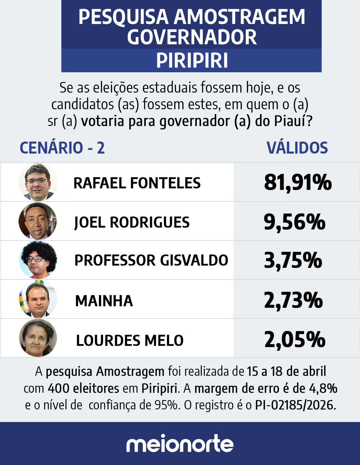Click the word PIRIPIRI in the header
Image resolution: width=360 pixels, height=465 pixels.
[192, 61]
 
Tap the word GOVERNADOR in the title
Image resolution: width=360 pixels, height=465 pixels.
[192, 37]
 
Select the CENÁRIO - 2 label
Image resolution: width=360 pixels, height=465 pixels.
[62, 148]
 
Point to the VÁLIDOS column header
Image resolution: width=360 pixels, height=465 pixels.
[297, 148]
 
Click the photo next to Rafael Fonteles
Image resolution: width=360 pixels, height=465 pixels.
[38, 182]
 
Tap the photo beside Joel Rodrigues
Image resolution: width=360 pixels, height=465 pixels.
[38, 221]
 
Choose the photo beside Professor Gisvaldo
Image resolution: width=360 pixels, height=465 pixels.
[38, 260]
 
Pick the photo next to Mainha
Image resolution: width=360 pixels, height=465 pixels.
[38, 299]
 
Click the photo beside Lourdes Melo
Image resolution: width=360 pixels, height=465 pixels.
[38, 338]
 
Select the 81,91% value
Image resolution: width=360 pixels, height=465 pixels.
[298, 182]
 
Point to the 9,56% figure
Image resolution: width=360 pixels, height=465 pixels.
[294, 222]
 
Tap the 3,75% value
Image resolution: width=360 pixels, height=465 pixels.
[293, 260]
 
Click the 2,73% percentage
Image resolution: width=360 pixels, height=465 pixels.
[293, 300]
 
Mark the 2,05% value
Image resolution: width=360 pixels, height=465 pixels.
[295, 339]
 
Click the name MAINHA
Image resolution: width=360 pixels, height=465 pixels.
[104, 301]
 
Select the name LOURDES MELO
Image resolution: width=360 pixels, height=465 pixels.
[130, 340]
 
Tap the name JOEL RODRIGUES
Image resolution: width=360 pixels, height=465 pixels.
[132, 223]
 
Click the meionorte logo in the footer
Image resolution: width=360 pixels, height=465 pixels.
[180, 443]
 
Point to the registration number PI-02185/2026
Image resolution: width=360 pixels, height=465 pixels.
[296, 405]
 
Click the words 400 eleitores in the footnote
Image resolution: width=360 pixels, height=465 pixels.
[83, 388]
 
